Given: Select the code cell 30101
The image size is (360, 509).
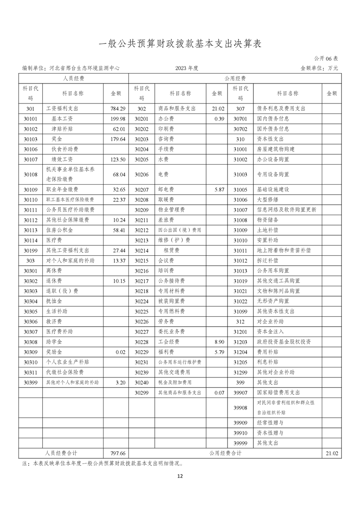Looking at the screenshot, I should click(30, 119).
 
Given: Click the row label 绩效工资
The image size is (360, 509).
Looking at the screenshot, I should click(59, 159).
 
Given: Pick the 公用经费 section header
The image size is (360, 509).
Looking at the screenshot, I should click(235, 78).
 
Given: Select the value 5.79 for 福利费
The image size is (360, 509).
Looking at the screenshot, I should click(218, 352).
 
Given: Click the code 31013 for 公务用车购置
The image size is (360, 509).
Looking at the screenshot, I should click(240, 270).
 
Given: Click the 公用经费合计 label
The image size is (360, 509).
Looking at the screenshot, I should click(226, 453).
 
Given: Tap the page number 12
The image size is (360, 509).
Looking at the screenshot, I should click(180, 476).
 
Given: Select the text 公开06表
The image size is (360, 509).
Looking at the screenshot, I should click(325, 59).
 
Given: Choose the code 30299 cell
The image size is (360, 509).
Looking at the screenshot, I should click(142, 392).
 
